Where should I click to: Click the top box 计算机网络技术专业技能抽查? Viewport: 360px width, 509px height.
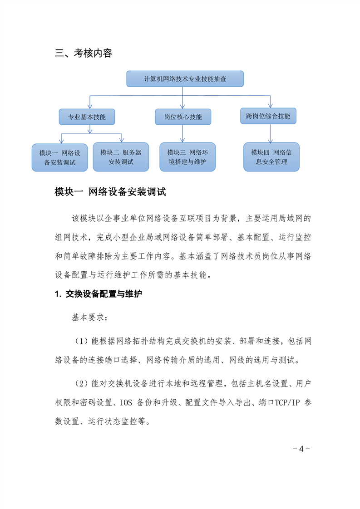[185, 79]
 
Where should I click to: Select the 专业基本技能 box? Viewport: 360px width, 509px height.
[87, 117]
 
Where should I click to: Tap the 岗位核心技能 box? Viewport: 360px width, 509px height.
[183, 117]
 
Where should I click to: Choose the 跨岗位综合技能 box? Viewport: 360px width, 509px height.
[268, 116]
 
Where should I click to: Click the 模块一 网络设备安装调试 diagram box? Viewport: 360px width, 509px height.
[60, 157]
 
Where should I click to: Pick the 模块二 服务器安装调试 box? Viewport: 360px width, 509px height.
[121, 157]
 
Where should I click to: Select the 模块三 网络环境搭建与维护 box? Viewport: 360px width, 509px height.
[187, 157]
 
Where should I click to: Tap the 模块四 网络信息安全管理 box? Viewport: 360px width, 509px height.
[271, 157]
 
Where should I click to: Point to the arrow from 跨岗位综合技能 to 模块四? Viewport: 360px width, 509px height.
[270, 133]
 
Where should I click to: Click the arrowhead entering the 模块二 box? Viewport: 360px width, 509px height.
[122, 140]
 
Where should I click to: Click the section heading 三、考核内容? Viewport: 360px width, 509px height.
[84, 53]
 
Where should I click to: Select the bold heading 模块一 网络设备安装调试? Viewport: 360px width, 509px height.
[110, 192]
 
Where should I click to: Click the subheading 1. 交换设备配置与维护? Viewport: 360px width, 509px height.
[99, 294]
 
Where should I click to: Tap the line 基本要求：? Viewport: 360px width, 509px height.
[90, 317]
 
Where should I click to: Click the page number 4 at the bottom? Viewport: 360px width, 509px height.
[301, 449]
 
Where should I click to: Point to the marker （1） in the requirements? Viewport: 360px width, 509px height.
[81, 341]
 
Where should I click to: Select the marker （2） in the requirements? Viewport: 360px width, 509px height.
[81, 383]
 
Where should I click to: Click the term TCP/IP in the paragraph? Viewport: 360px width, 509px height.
[287, 402]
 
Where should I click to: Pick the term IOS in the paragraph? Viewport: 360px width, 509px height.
[126, 402]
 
